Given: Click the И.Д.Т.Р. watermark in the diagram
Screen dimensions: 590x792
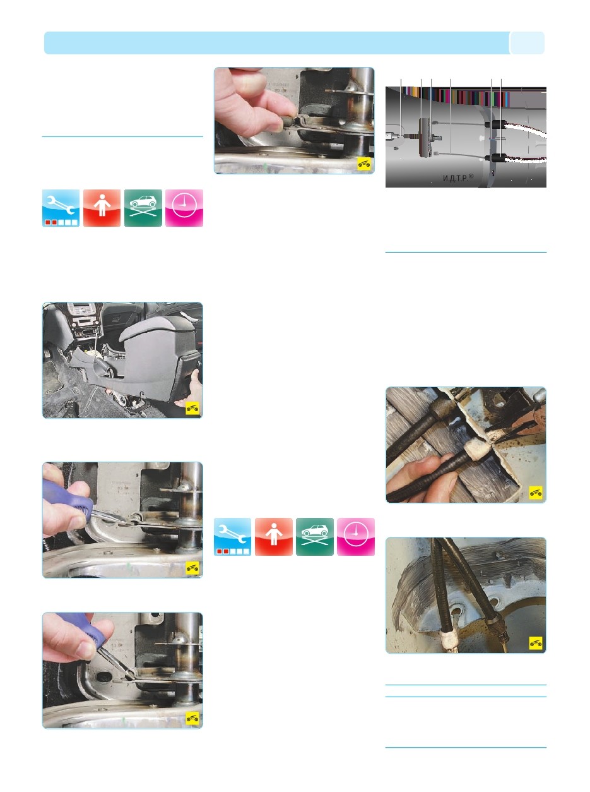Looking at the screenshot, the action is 457,177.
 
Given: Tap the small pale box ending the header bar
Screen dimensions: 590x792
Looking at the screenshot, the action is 527,43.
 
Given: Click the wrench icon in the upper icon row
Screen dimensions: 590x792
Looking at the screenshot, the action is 61,208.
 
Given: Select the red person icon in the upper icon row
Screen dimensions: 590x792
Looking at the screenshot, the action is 102,208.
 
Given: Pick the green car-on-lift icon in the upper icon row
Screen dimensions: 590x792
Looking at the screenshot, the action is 143,208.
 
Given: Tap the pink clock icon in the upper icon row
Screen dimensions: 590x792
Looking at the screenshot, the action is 184,208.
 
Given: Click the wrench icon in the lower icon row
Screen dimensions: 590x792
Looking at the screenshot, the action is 232,537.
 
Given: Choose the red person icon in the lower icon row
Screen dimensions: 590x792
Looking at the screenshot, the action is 274,537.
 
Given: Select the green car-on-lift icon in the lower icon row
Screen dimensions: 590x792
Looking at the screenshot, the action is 315,537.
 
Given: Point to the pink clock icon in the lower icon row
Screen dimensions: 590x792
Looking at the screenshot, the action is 356,537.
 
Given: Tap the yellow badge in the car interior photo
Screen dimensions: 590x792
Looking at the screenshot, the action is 192,408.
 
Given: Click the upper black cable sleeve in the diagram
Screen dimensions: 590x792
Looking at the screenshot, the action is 495,125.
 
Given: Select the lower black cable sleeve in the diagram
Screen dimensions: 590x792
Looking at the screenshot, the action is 495,158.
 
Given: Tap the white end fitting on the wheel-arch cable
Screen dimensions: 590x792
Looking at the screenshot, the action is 449,640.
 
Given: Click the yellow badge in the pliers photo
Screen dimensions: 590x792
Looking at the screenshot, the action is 536,492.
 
